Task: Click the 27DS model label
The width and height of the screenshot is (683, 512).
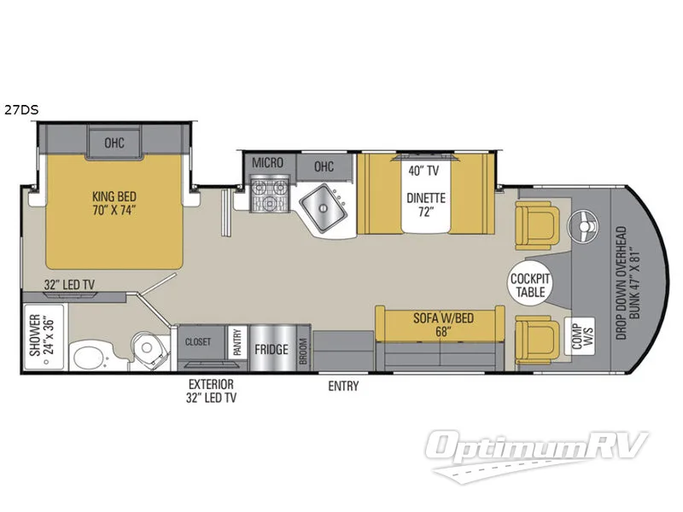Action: (19, 109)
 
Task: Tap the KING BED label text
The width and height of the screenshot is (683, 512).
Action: (115, 200)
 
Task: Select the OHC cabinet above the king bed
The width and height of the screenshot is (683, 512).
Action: (114, 143)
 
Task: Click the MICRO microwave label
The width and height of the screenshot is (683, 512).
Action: (267, 163)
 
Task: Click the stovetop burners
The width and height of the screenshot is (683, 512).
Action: (270, 199)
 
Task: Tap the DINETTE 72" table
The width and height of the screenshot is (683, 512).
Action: (425, 203)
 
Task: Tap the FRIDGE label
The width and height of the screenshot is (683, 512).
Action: (270, 349)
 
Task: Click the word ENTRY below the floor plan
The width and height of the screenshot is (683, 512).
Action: (343, 387)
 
